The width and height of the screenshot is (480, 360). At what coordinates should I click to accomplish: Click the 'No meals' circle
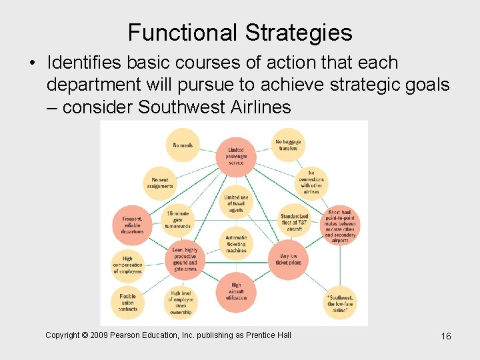coord(183,145)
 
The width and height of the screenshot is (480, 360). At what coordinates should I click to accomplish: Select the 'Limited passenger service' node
coord(236,157)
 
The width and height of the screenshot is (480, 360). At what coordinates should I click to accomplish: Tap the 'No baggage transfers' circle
coord(288,145)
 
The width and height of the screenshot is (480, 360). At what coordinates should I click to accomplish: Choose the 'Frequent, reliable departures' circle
coord(132,225)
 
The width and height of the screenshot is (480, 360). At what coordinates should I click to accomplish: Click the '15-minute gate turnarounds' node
coord(177,219)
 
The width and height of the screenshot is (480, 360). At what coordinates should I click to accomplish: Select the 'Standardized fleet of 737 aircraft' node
coord(294,222)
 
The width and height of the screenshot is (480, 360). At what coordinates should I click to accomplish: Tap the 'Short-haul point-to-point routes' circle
coord(340,225)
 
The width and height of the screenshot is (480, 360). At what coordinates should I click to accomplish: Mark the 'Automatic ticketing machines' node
coord(236,243)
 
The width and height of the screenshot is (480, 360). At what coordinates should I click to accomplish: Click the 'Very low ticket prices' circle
coord(289,258)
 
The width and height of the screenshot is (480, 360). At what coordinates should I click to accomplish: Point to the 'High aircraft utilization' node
coord(236,292)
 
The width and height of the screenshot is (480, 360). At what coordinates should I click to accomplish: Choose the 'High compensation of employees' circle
coord(127,265)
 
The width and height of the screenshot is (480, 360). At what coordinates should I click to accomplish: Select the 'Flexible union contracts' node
coord(127,303)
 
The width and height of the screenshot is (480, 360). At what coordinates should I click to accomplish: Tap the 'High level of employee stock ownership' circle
coord(180,302)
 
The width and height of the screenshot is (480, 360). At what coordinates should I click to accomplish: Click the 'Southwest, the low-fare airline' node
coord(340,302)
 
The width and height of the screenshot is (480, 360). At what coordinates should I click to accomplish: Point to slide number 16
coord(446,336)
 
